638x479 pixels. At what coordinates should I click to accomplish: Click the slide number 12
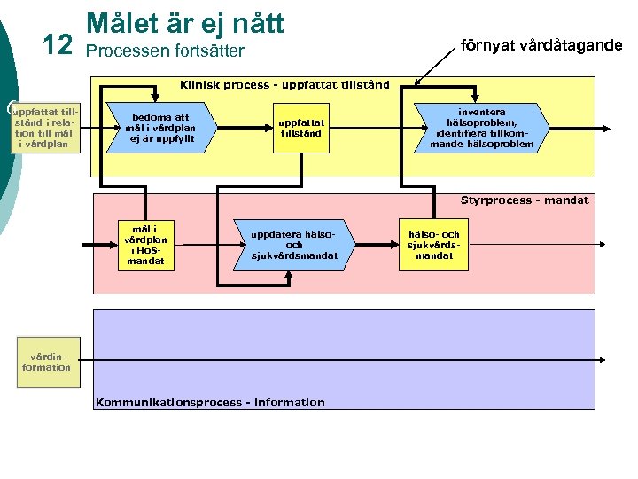pyautogui.click(x=58, y=44)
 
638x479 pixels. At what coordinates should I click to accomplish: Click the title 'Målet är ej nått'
pyautogui.click(x=184, y=23)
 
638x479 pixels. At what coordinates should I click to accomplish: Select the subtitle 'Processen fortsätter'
pyautogui.click(x=164, y=51)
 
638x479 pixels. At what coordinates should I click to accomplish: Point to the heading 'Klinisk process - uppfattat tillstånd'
pyautogui.click(x=284, y=85)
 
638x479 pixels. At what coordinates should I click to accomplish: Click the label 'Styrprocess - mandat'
pyautogui.click(x=524, y=200)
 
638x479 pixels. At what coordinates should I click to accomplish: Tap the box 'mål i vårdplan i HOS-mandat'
pyautogui.click(x=145, y=244)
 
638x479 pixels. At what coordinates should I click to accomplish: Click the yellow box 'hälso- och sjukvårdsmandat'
pyautogui.click(x=433, y=245)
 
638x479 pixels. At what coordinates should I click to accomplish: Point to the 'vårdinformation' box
pyautogui.click(x=46, y=362)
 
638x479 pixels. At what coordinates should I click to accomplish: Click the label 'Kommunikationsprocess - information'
pyautogui.click(x=209, y=402)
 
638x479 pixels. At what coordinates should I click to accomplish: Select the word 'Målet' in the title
pyautogui.click(x=117, y=23)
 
